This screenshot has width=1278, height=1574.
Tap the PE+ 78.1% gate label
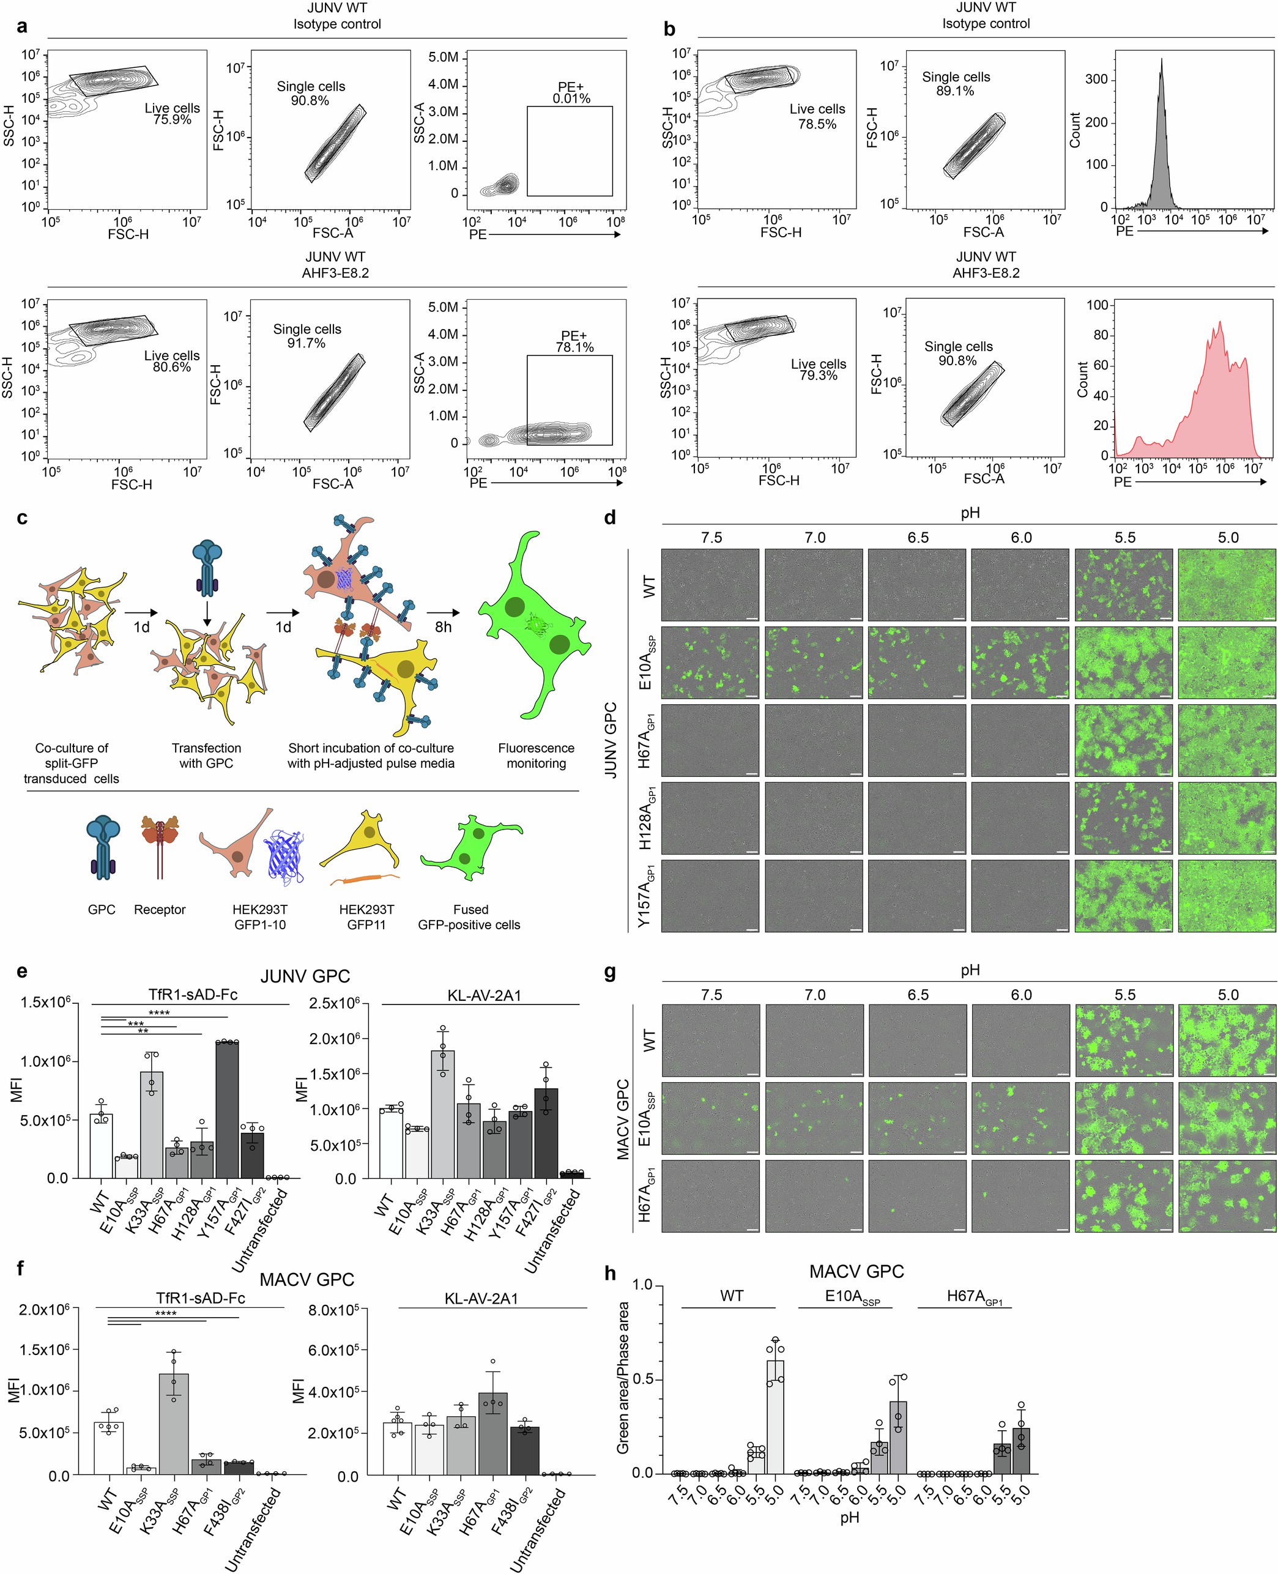coord(574,341)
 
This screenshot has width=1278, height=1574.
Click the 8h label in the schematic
coord(443,626)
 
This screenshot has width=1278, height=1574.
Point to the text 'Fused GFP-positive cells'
coord(470,918)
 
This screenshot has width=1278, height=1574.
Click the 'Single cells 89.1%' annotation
coord(956,84)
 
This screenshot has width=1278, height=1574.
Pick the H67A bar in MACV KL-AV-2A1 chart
coord(492,1433)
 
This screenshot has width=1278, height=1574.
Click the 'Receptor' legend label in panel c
coord(160,910)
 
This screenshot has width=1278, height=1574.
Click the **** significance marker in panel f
coord(165,1313)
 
